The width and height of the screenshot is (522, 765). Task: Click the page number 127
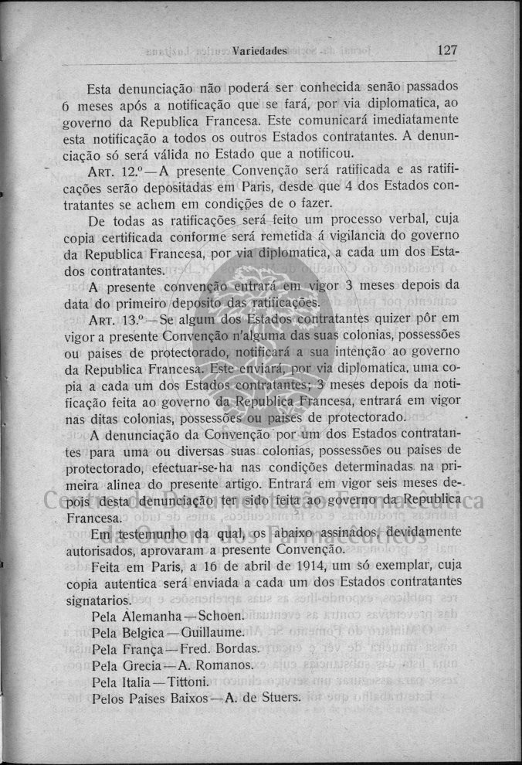point(447,50)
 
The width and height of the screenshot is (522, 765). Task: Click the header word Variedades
point(261,51)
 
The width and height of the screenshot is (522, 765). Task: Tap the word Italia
point(134,682)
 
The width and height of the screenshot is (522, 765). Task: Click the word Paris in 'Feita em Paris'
point(169,566)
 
